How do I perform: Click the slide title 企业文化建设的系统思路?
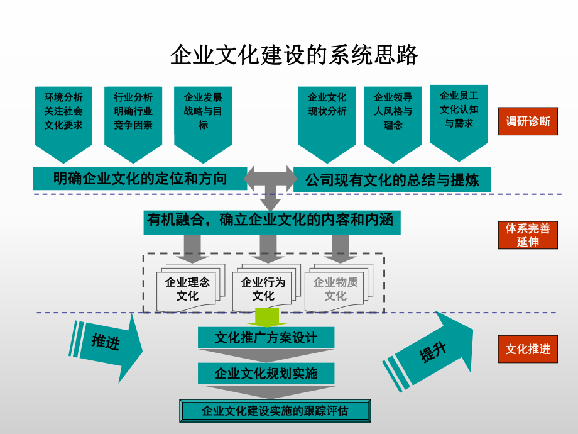(x=294, y=55)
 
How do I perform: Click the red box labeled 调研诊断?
(x=528, y=121)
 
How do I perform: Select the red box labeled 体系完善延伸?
(x=528, y=235)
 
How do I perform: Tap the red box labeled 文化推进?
(x=528, y=348)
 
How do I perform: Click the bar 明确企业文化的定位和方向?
(x=139, y=178)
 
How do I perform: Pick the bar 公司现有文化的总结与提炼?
(x=392, y=179)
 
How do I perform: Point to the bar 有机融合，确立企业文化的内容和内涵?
(x=271, y=222)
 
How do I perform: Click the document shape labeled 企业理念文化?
(x=187, y=289)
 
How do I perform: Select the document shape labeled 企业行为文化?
(x=263, y=289)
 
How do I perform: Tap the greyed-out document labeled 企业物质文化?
(x=335, y=289)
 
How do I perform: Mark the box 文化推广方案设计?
(x=266, y=338)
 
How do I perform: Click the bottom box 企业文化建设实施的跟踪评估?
(x=275, y=411)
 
